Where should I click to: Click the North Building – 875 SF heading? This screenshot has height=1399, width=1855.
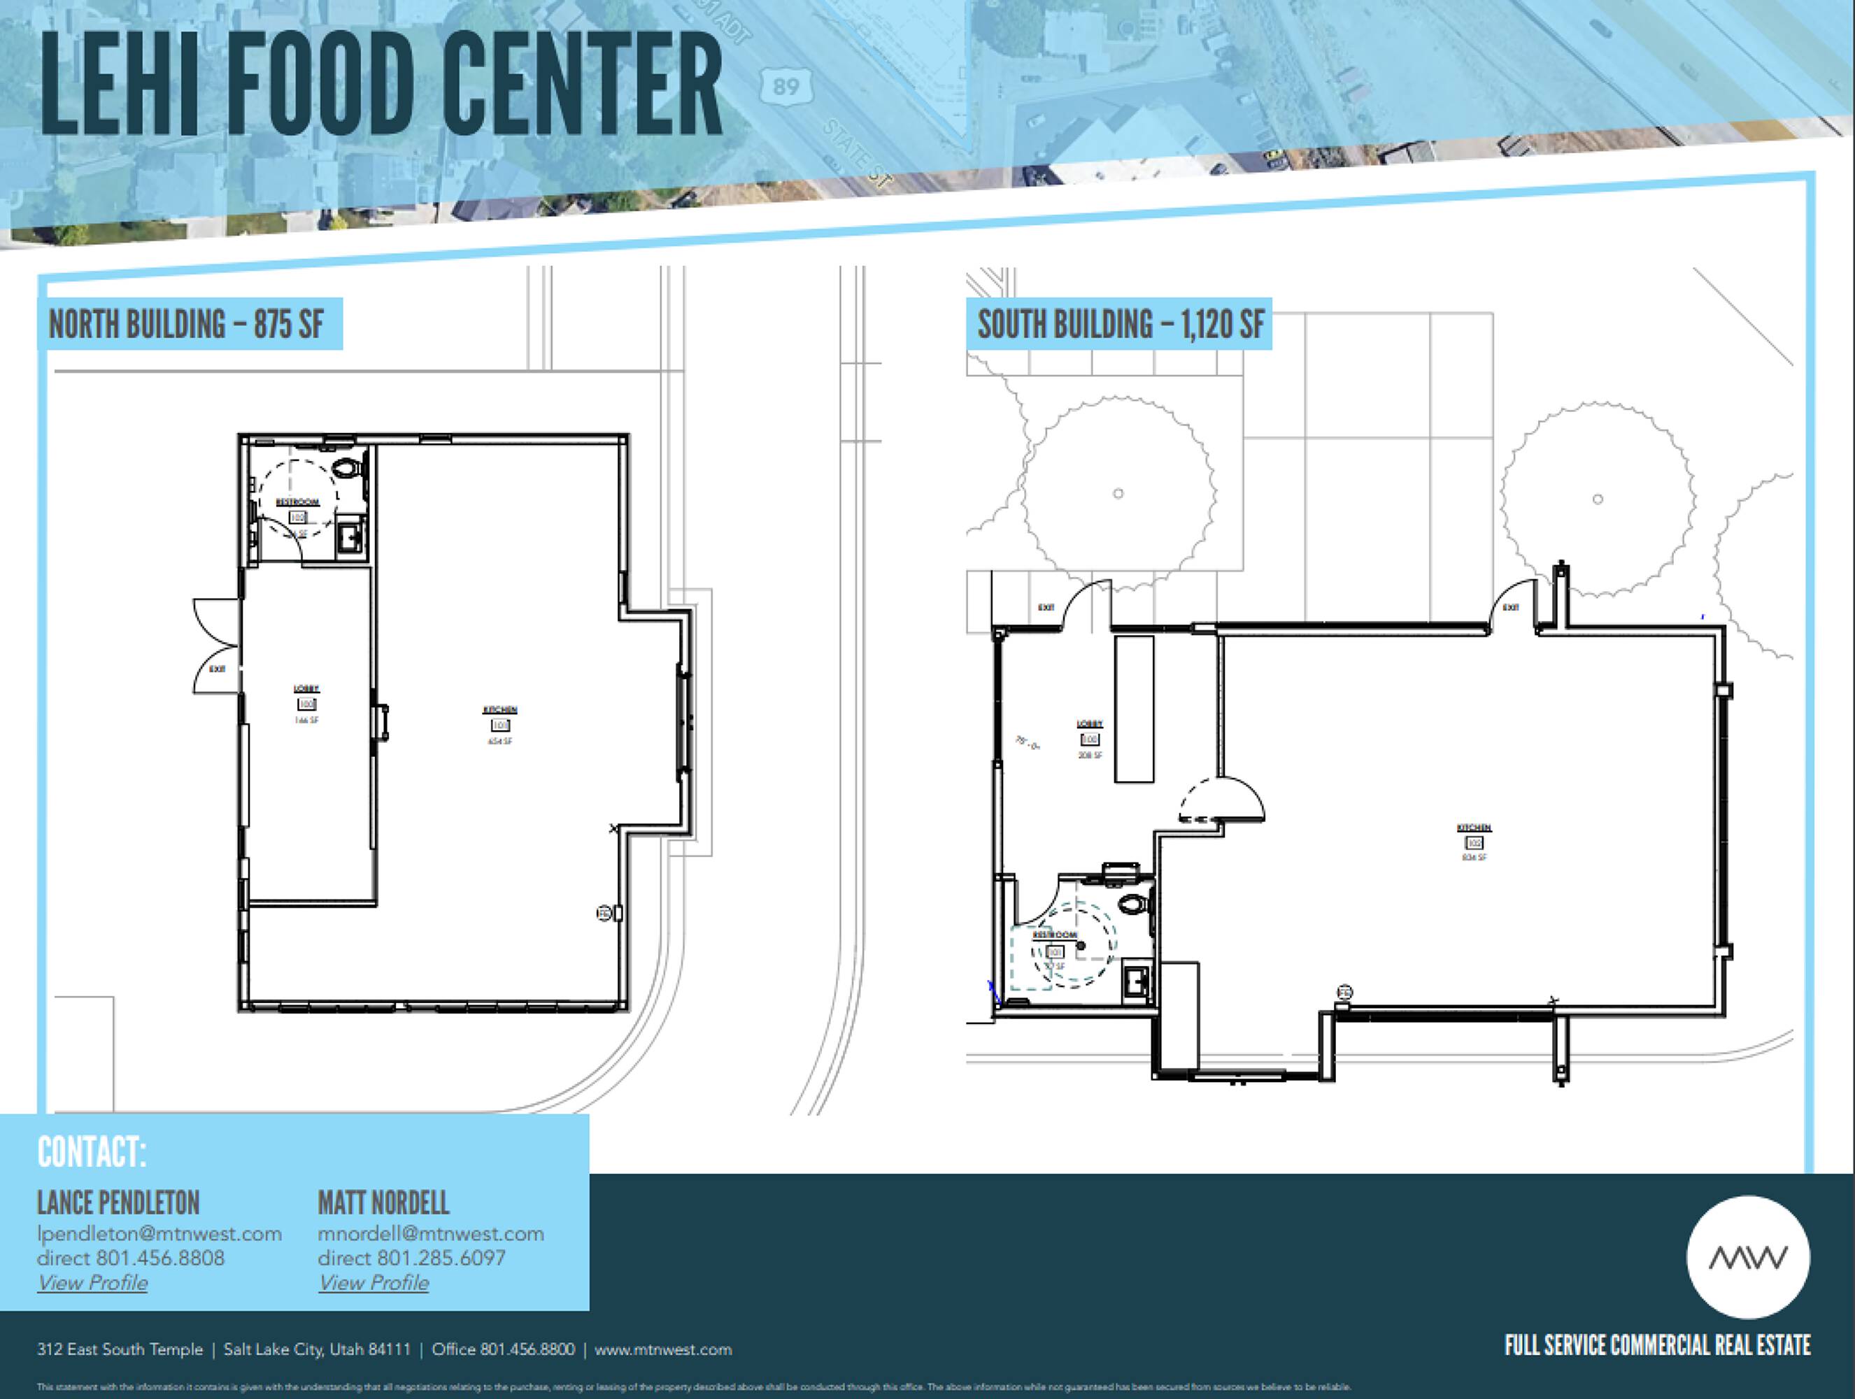[x=186, y=325]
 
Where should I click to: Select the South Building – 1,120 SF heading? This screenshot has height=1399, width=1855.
[x=1121, y=325]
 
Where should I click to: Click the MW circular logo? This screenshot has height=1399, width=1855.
[x=1748, y=1257]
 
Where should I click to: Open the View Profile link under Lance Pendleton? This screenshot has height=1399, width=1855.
[x=92, y=1282]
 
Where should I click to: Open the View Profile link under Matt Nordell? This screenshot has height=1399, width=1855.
[x=374, y=1282]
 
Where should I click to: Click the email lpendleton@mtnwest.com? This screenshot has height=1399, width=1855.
[x=159, y=1234]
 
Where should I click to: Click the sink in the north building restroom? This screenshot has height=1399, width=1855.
[x=350, y=537]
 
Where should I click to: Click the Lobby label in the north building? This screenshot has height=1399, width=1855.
[x=306, y=688]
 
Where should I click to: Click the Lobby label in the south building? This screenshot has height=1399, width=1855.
[x=1089, y=724]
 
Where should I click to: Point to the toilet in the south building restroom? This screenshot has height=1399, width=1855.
[x=1134, y=904]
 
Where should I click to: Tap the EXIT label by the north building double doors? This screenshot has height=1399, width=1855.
[x=218, y=669]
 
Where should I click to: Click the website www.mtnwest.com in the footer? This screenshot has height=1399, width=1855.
[x=662, y=1349]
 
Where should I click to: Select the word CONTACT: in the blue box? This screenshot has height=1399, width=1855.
[x=92, y=1152]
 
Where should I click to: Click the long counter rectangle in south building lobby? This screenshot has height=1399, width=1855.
[x=1134, y=709]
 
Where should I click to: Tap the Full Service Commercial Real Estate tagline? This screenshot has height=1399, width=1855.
[x=1657, y=1346]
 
